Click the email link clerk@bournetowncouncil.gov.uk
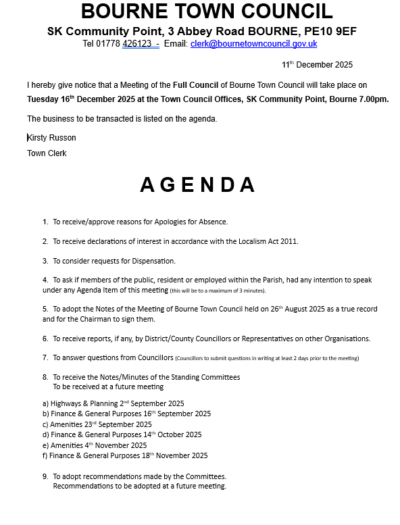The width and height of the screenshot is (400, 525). [253, 44]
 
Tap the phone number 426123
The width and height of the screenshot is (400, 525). [136, 44]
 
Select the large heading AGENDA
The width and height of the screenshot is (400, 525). [199, 184]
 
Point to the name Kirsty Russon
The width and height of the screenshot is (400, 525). [51, 138]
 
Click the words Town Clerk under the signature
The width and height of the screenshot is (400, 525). [47, 153]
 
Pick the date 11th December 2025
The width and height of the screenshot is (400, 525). [317, 65]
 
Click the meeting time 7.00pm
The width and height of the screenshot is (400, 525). [373, 99]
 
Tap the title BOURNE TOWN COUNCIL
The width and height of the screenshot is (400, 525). [207, 11]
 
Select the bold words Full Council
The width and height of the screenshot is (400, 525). [195, 85]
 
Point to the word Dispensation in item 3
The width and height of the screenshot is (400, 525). [152, 261]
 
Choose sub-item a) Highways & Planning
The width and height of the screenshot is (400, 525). [113, 403]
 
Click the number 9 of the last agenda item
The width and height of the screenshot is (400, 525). [45, 476]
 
